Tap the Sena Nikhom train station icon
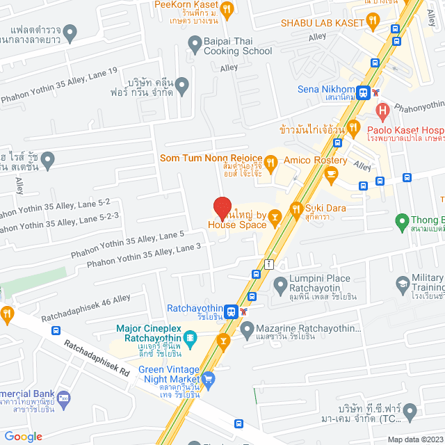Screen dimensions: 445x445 pos(363,91)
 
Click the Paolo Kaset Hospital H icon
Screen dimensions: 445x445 pos(382,110)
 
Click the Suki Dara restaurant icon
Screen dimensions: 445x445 pos(296,208)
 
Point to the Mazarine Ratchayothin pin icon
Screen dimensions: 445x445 pos(247,327)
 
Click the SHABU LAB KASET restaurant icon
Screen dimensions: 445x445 pos(373,22)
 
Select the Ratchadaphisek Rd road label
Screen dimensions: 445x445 pos(97,358)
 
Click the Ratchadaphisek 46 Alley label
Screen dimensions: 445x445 pos(85,308)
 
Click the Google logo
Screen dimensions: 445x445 pos(24,436)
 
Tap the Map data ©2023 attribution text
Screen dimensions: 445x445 pos(414,439)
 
